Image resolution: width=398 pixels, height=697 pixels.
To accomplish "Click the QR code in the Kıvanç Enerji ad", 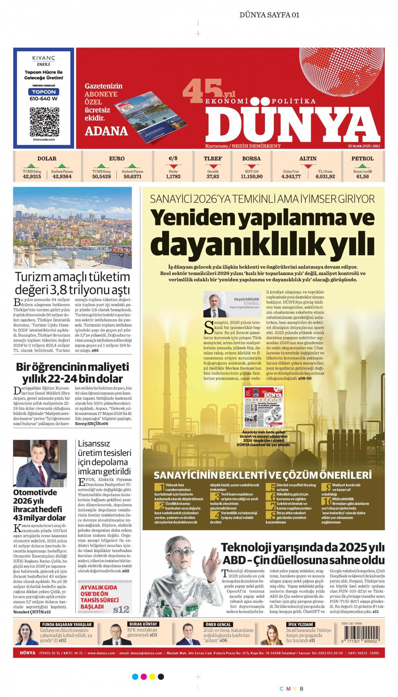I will click(44, 121).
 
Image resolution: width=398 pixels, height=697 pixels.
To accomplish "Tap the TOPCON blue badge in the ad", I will click(44, 92).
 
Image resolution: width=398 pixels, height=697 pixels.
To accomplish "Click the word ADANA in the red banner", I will click(106, 131).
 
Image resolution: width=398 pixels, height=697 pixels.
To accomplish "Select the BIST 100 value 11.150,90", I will click(251, 177).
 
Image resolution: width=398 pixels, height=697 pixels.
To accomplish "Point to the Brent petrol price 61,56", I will click(363, 177).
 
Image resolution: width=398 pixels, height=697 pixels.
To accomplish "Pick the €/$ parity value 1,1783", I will click(173, 177).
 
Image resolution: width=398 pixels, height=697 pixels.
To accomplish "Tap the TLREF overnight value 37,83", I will click(213, 177).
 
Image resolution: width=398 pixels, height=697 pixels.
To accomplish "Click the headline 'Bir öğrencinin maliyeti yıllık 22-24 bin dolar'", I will click(72, 373).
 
